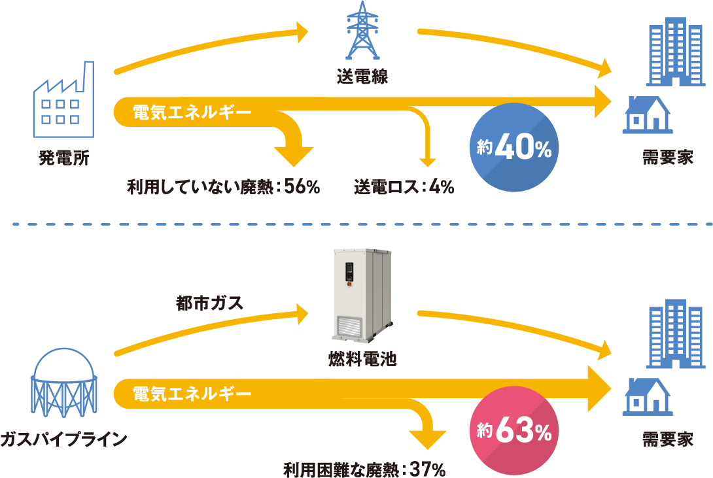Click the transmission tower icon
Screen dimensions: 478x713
362,30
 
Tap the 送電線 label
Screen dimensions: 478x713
362,77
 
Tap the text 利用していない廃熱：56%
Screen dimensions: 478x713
223,187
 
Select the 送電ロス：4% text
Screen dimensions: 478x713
404,187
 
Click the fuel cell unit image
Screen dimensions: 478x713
362,296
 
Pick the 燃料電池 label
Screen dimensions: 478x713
362,359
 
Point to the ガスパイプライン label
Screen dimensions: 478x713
63,439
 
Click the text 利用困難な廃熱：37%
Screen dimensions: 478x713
364,469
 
